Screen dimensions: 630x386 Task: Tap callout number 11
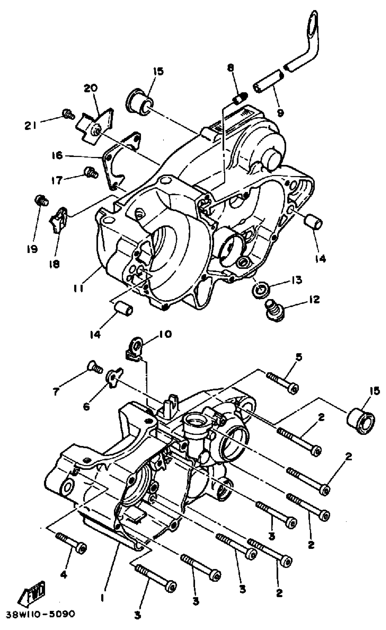pyautogui.click(x=78, y=288)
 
